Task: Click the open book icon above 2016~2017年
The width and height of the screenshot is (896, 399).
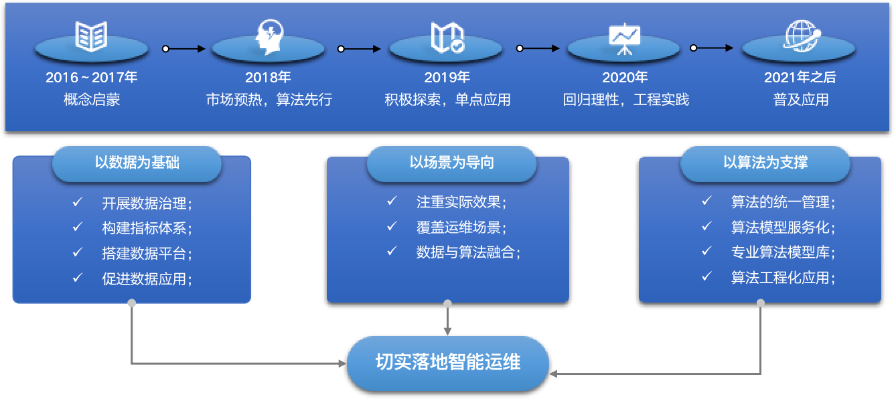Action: (x=91, y=36)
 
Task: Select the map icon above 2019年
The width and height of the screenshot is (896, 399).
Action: (x=447, y=37)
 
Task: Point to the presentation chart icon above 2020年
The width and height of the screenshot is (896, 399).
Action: (x=624, y=38)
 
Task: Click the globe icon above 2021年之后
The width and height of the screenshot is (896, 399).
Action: (x=802, y=36)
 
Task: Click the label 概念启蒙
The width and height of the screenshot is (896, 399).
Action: (x=92, y=100)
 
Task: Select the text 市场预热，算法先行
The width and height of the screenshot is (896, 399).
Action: (x=269, y=100)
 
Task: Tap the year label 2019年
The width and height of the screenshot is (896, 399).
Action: (x=447, y=78)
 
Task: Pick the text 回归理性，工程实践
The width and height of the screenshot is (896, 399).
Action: (x=625, y=100)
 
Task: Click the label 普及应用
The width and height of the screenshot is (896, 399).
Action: (x=801, y=100)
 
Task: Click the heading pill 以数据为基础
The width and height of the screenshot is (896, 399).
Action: (x=137, y=163)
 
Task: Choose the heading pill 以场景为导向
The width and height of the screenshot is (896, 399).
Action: (x=451, y=163)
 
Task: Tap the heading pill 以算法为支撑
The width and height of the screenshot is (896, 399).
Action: (x=765, y=163)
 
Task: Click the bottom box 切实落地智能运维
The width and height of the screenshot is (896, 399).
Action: (x=447, y=363)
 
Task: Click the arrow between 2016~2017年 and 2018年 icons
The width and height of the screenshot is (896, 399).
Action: (x=184, y=48)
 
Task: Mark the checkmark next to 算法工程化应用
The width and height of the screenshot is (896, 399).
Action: (x=706, y=276)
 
